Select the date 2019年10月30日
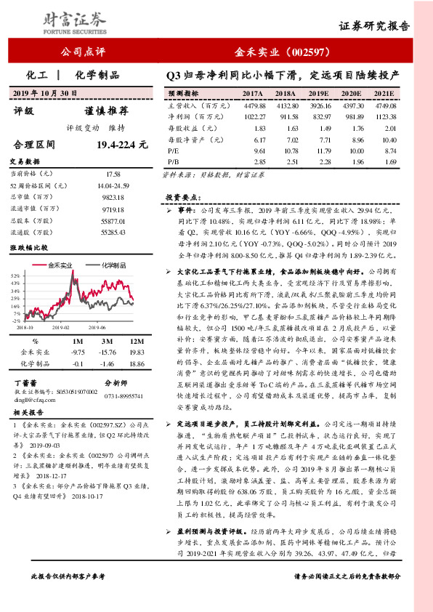point(46,93)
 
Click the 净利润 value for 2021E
point(384,116)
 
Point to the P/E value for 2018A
point(286,149)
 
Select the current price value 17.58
point(113,174)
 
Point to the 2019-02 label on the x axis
point(62,327)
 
